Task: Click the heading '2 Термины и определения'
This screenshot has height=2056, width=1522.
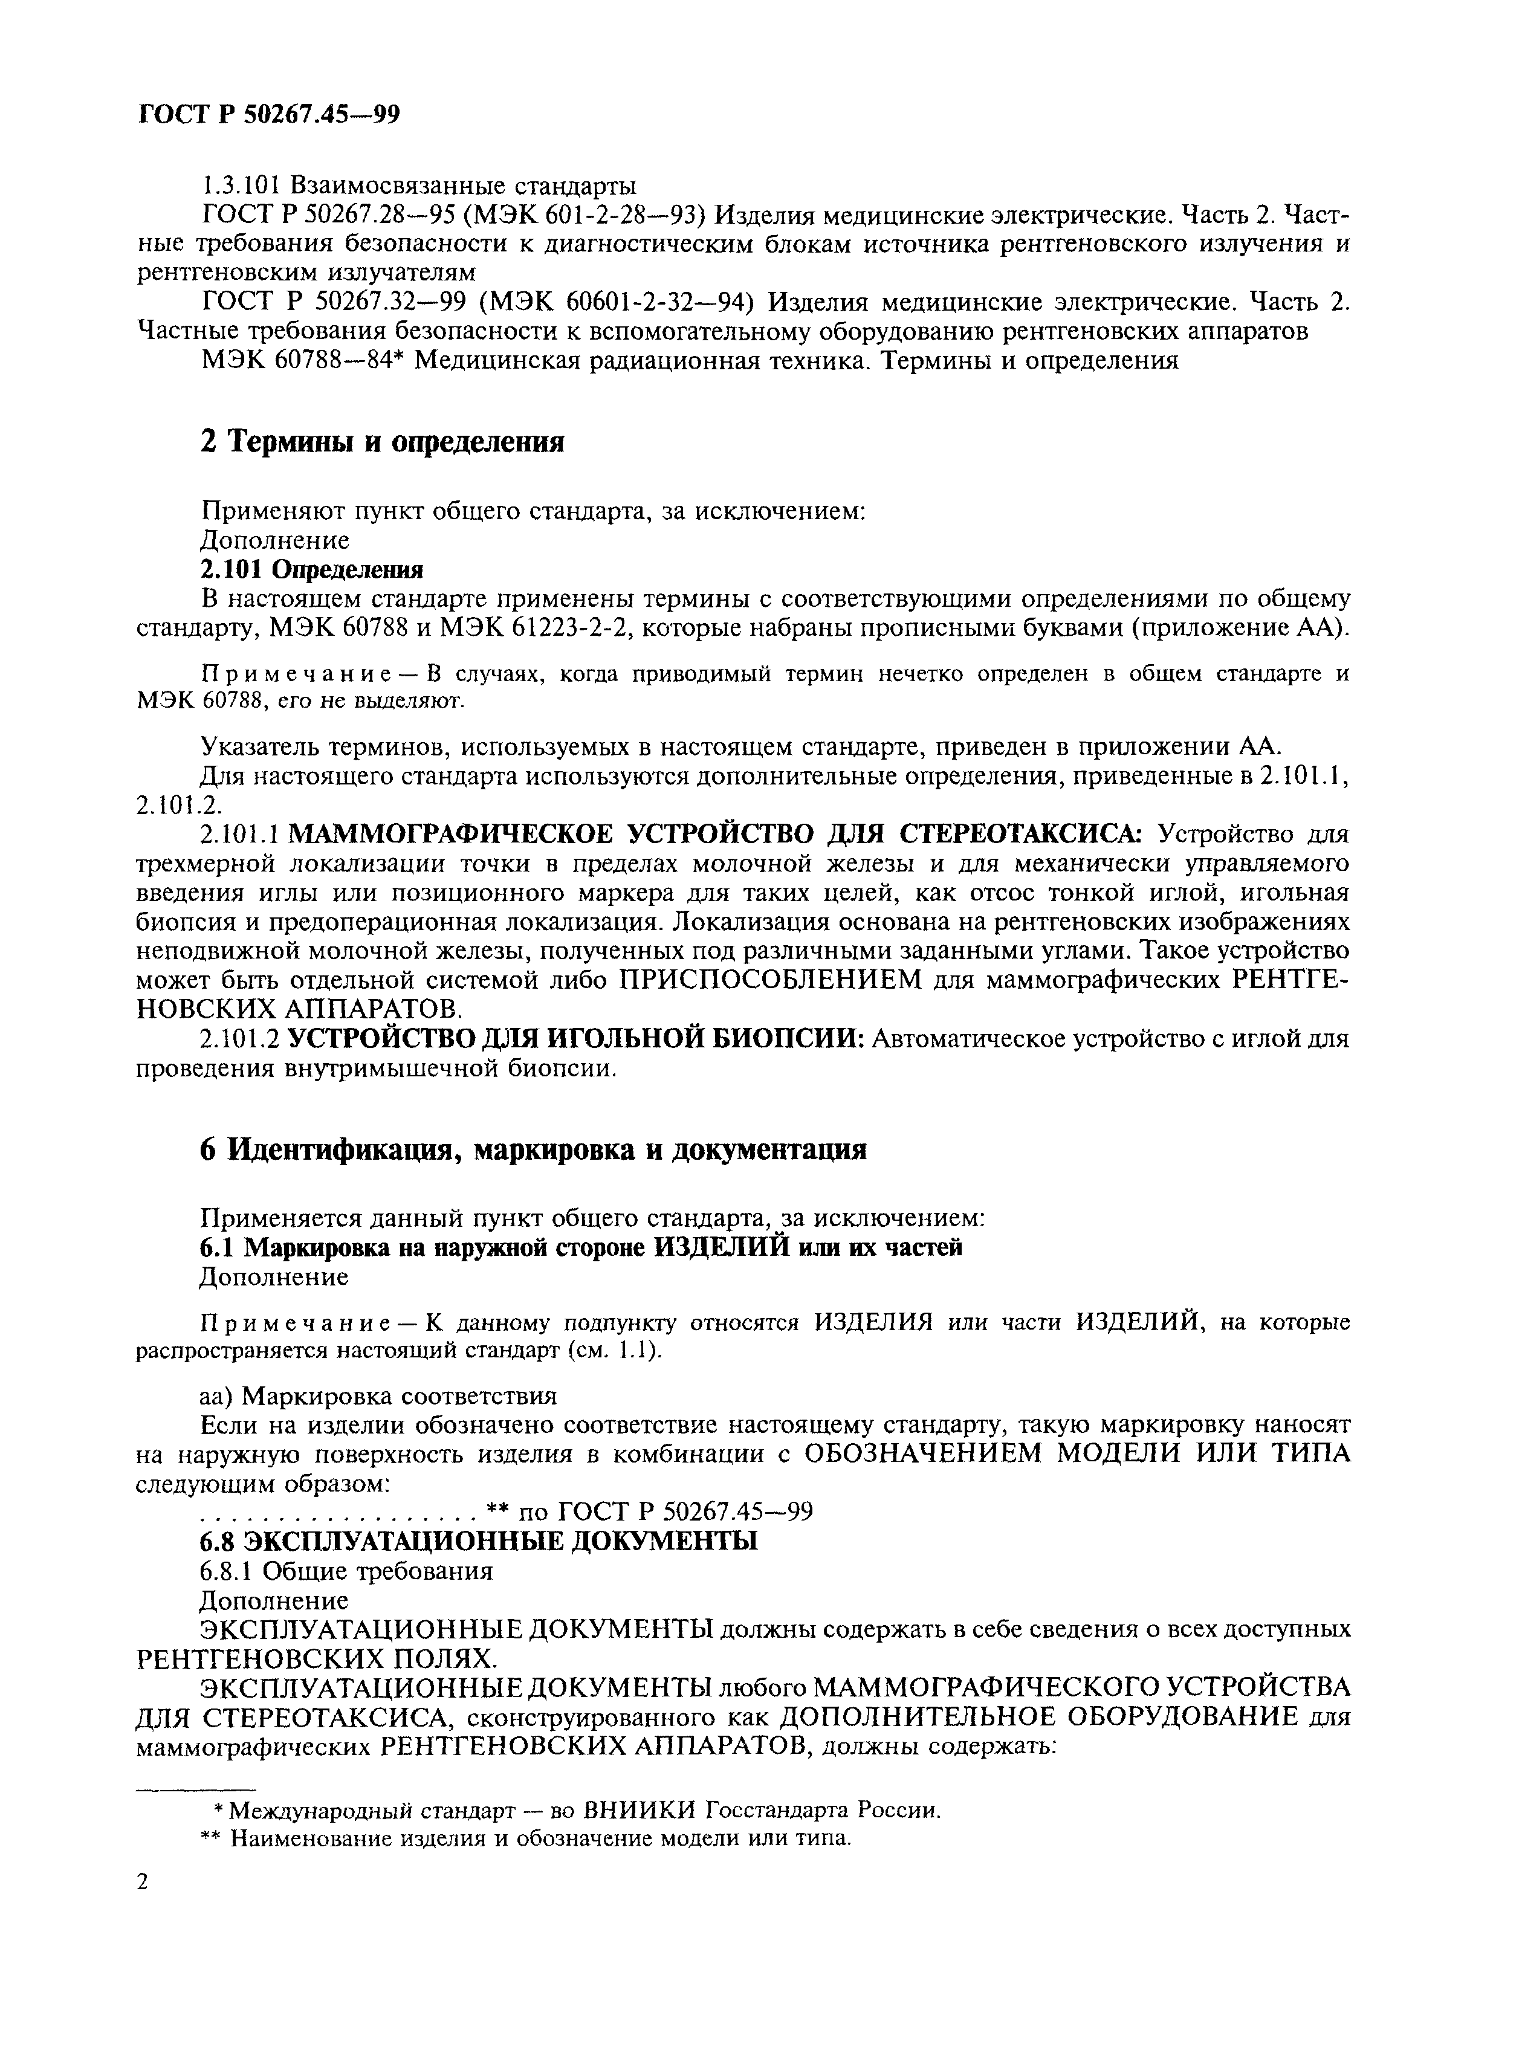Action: (x=381, y=442)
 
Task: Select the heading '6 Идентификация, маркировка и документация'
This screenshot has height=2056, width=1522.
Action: (x=533, y=1149)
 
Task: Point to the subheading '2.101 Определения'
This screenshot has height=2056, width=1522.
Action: (x=311, y=568)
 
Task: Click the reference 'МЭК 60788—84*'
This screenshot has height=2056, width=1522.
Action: (x=304, y=360)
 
